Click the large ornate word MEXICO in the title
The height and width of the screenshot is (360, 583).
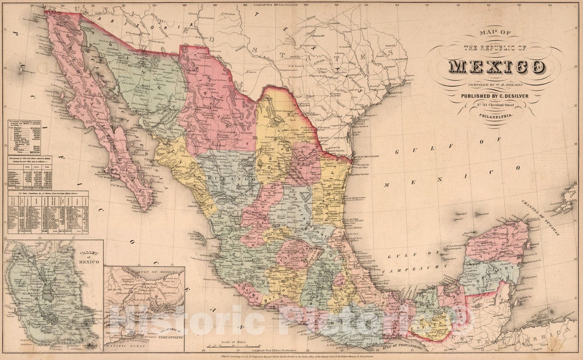[497, 67]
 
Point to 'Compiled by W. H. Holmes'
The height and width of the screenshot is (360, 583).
[497, 85]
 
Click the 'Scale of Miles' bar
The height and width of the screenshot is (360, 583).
[233, 345]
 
